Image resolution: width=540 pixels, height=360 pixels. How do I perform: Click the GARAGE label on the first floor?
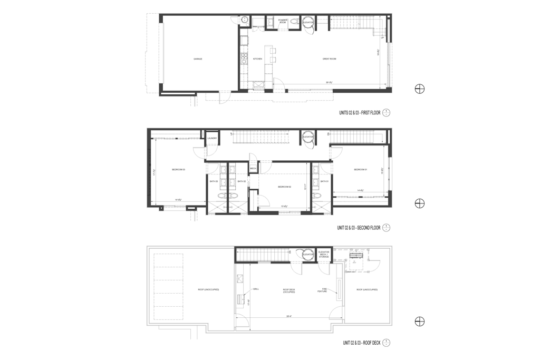click(198, 59)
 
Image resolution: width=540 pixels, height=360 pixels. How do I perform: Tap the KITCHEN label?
click(258, 59)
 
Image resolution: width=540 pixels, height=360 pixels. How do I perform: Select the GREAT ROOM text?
click(330, 59)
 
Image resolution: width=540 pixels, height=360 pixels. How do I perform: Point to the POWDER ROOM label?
click(283, 22)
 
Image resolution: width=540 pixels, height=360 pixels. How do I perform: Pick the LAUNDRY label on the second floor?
click(212, 139)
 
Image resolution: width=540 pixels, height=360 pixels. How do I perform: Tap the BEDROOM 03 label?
click(178, 169)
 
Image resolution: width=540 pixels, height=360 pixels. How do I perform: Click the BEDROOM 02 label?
click(285, 187)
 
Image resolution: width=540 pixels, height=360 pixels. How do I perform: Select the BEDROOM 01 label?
click(360, 169)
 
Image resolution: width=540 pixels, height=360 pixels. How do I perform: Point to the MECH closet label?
click(253, 169)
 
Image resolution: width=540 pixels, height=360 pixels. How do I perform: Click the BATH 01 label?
click(324, 181)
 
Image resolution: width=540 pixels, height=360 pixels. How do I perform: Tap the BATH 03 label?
click(214, 181)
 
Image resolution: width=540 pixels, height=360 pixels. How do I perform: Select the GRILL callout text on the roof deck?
click(256, 289)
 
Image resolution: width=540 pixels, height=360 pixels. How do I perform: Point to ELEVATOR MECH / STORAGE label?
click(324, 255)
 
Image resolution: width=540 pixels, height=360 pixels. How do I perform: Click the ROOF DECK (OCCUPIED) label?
click(288, 290)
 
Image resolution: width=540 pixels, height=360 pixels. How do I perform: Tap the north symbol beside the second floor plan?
click(420, 204)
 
